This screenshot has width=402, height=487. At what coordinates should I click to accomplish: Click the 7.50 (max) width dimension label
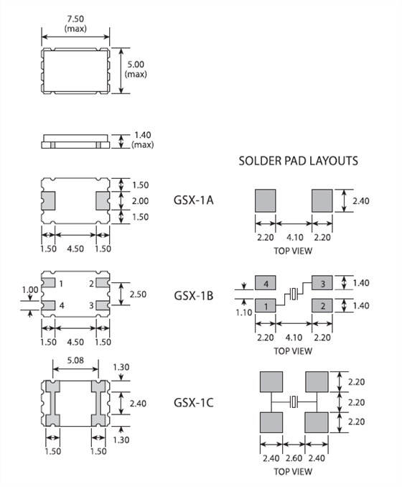75,24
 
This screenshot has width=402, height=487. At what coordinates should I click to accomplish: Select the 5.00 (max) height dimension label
136,69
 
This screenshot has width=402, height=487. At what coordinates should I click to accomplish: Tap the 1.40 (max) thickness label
142,140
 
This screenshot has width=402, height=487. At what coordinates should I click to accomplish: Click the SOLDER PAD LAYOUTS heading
299,161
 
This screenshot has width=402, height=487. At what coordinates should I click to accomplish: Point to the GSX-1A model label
194,200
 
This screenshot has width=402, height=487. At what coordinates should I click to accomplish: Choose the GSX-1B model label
194,295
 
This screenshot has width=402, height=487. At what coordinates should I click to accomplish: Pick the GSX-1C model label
194,402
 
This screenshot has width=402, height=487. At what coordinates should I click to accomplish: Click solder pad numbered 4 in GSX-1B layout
266,283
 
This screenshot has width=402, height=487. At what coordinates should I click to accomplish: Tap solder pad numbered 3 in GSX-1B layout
322,283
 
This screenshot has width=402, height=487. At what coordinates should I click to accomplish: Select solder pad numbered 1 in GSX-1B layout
266,305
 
